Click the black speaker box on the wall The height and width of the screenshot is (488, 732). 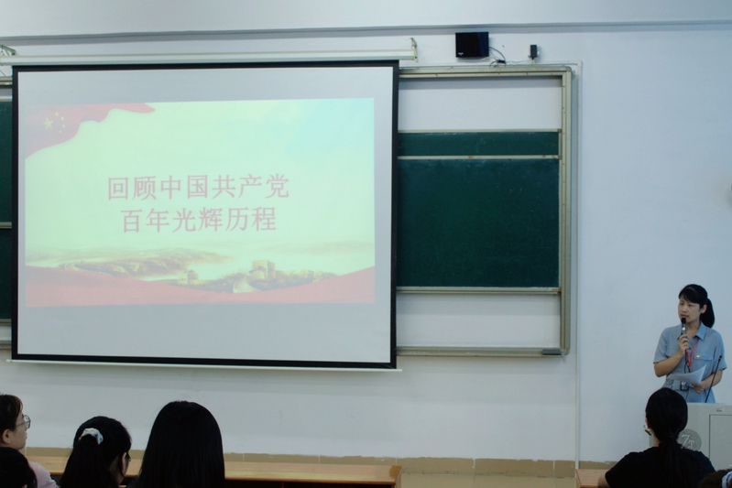pos(472,45)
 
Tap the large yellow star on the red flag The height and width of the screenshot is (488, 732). pos(49,124)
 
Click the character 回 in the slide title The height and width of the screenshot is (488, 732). pos(119,188)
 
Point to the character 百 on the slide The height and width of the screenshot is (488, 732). pos(133,222)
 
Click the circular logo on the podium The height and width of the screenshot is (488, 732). pos(688,439)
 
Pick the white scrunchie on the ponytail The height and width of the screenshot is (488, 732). pos(91,435)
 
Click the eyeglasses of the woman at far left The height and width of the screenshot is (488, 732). pos(24,423)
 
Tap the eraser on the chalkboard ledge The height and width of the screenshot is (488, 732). pos(552,352)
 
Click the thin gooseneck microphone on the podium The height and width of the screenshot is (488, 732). pos(714,378)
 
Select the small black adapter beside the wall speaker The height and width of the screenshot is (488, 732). pos(533,51)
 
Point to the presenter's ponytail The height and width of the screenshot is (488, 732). pos(708,311)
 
